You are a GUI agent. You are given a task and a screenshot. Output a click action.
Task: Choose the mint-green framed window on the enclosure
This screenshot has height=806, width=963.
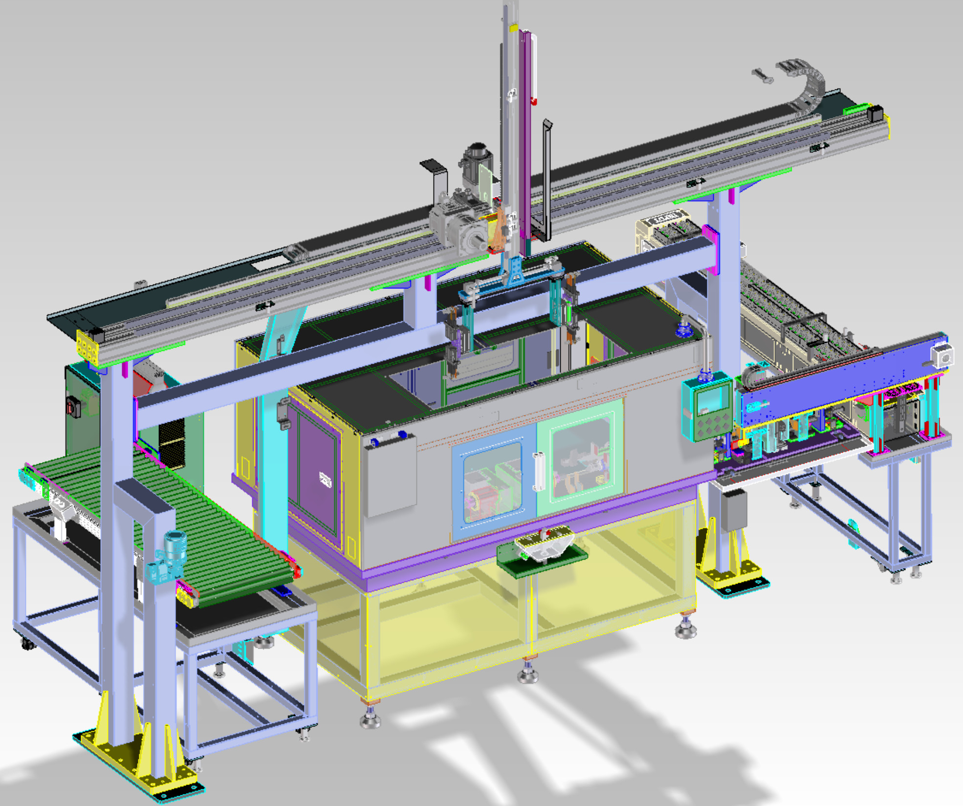tap(581, 457)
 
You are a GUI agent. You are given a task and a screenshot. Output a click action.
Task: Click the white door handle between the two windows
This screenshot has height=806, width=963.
tap(539, 471)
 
